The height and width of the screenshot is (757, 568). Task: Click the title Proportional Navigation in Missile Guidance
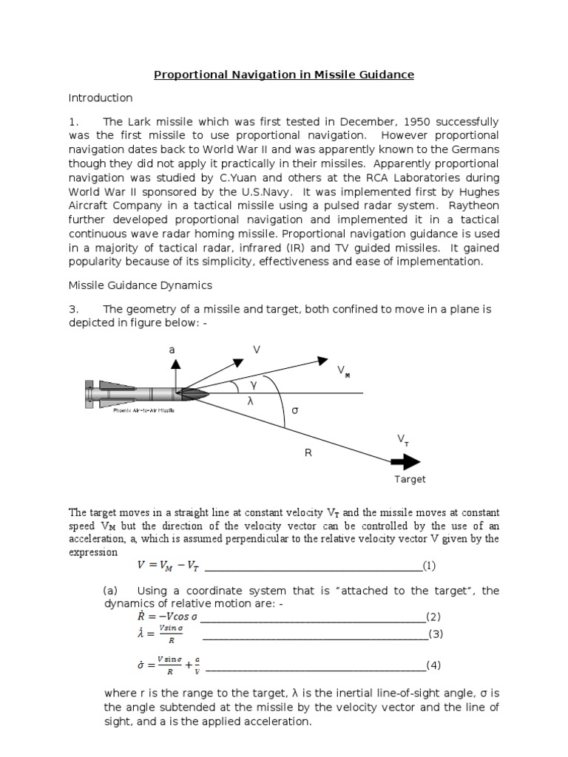(x=283, y=75)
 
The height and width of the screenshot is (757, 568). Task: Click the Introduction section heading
(x=101, y=98)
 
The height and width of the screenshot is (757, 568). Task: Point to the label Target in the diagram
(x=409, y=479)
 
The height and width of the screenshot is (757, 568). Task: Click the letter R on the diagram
(x=308, y=452)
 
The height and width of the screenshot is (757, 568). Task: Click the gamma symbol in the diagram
(x=253, y=385)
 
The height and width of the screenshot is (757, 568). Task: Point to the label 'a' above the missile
(x=172, y=349)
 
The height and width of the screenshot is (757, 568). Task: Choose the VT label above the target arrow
(x=403, y=441)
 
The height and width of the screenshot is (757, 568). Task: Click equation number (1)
(x=430, y=566)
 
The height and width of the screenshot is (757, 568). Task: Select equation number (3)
(x=435, y=634)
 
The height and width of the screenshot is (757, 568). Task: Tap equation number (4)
(x=434, y=665)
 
